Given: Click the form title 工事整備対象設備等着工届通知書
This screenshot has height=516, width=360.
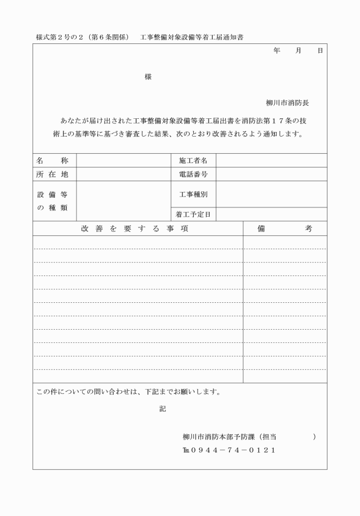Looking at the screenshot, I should click(x=195, y=37).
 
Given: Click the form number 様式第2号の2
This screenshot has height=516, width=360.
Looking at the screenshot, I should click(x=58, y=37).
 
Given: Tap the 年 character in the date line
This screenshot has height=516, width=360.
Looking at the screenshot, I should click(x=277, y=51).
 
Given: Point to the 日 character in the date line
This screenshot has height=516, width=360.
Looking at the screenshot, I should click(x=320, y=51).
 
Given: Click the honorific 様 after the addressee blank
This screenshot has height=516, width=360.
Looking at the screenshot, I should click(x=148, y=76).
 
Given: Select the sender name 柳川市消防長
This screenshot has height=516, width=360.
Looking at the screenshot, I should click(x=287, y=103).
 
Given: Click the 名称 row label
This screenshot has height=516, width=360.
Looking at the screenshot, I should click(x=53, y=161).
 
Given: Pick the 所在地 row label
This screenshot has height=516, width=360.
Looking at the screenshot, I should click(x=53, y=174).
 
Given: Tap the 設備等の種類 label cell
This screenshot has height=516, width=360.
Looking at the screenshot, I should click(x=53, y=201).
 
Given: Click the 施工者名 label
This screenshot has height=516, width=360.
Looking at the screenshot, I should click(x=193, y=161).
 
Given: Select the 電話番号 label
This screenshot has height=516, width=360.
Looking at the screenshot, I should click(x=193, y=174).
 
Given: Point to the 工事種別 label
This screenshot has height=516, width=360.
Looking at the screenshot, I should click(x=193, y=194).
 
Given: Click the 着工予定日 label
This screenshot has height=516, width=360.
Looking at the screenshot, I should click(x=193, y=215).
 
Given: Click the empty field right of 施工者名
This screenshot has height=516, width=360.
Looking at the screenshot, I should click(x=271, y=161).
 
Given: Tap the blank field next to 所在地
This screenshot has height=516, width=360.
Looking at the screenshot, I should click(x=123, y=174).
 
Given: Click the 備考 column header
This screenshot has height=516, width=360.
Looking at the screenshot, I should click(x=285, y=229).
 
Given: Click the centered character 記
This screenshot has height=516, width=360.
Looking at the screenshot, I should click(x=162, y=409).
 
